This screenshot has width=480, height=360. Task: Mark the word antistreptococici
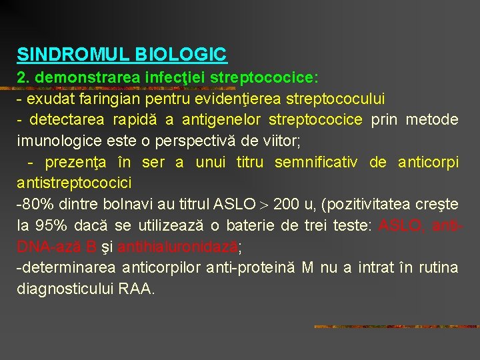[x=74, y=183]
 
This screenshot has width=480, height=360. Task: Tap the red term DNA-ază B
[x=58, y=247]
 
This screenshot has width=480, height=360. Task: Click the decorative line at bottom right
[x=396, y=327]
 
